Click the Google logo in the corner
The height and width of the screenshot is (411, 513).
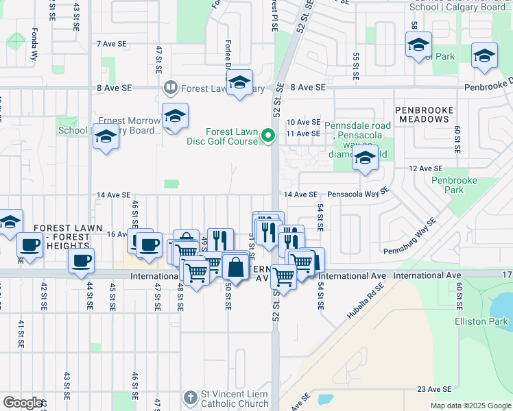pyautogui.click(x=23, y=403)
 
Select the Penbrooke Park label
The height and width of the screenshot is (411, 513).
pyautogui.click(x=449, y=186)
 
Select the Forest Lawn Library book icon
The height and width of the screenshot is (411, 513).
pyautogui.click(x=169, y=88)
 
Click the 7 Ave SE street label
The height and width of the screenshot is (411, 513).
pyautogui.click(x=112, y=43)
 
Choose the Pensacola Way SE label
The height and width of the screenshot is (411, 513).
pyautogui.click(x=358, y=194)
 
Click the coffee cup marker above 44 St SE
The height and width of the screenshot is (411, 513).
pyautogui.click(x=82, y=261)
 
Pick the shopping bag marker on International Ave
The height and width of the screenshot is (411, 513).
pyautogui.click(x=235, y=267)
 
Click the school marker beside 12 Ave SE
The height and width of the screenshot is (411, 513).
pyautogui.click(x=365, y=160)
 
